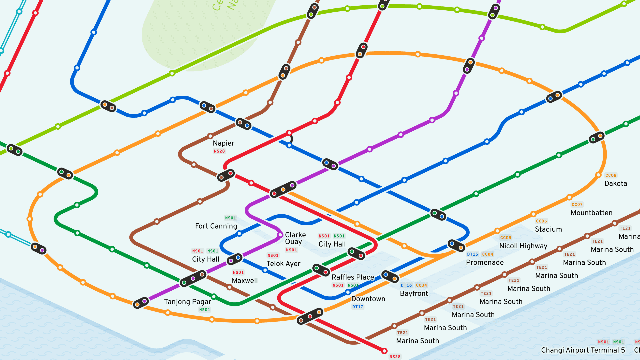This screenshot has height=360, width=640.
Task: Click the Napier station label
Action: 223,143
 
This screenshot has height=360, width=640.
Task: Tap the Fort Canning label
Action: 216,226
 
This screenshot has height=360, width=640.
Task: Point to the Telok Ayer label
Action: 283,264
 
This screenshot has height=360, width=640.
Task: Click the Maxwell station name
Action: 245,281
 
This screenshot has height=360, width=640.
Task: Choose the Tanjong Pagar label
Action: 188,302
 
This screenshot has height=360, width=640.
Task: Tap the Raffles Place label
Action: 353,277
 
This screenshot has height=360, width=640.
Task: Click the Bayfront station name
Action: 414,294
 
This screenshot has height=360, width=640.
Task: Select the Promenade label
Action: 485,263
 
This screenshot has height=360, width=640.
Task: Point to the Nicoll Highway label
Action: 523,246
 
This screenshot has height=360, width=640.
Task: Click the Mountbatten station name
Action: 591,213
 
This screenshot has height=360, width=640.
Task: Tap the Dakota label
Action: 616,184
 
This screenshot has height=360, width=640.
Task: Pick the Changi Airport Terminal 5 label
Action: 583,350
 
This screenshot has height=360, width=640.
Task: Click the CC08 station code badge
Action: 611,175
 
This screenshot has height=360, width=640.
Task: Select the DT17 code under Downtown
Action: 358,307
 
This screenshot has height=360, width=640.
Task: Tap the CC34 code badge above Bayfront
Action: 421,285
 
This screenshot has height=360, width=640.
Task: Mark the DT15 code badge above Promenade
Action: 472,254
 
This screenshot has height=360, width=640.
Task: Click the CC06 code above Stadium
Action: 541,221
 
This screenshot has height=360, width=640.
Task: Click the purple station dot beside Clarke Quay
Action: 280,235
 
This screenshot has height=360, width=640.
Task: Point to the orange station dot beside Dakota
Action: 598,175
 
